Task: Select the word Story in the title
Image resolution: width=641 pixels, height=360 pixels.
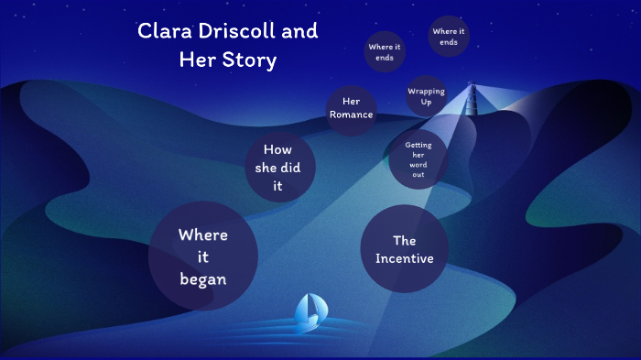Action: [x=252, y=60]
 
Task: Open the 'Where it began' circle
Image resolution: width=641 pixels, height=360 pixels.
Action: [x=202, y=257]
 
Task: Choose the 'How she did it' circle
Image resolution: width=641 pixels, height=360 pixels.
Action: [x=280, y=168]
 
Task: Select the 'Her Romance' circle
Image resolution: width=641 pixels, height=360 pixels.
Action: [x=352, y=108]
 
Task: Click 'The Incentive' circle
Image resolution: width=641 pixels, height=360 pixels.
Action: [x=404, y=249]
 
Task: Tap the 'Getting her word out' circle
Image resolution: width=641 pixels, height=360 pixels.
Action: [x=418, y=159]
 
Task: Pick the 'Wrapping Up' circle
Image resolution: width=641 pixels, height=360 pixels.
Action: [x=426, y=96]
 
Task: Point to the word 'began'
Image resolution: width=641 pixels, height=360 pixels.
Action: [x=203, y=279]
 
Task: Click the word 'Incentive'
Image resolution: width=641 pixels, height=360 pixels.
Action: [x=404, y=258]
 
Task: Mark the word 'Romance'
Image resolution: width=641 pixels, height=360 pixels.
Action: [x=352, y=115]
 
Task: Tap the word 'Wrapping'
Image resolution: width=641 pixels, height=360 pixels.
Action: [x=426, y=92]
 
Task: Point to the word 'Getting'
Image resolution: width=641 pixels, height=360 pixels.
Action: [x=418, y=145]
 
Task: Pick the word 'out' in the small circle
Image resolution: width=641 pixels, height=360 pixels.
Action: [x=418, y=174]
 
